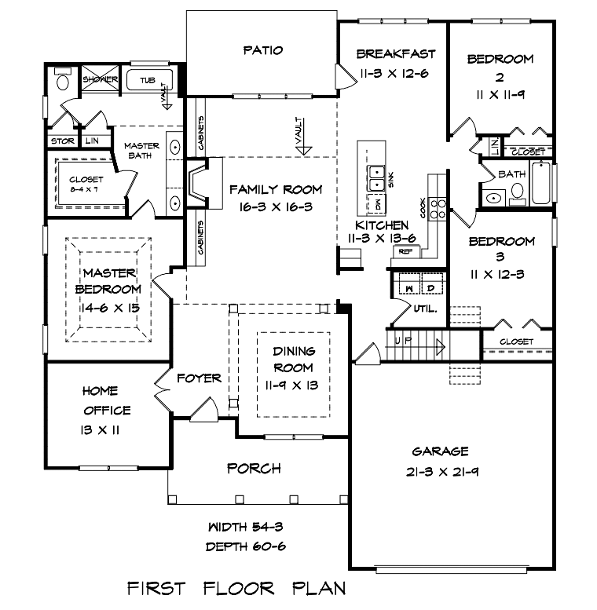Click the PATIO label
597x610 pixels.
[263, 50]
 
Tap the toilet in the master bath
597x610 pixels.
[63, 79]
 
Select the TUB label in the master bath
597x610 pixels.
[148, 81]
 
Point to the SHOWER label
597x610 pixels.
[100, 79]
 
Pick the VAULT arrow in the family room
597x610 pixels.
[303, 136]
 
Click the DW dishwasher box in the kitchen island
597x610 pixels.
[376, 203]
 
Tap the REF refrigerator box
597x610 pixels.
[406, 251]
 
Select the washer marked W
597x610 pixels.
[409, 283]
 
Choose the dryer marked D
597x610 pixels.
[432, 283]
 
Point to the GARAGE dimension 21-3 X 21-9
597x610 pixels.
[442, 472]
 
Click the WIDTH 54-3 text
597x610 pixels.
[246, 527]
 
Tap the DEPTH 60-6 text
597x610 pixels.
[246, 546]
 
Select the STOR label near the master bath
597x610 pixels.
[63, 141]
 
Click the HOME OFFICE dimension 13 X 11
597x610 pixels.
[100, 430]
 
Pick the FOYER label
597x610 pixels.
[199, 378]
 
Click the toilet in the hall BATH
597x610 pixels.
[517, 194]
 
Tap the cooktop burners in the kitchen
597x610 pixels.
[438, 209]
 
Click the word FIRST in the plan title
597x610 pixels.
[156, 589]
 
